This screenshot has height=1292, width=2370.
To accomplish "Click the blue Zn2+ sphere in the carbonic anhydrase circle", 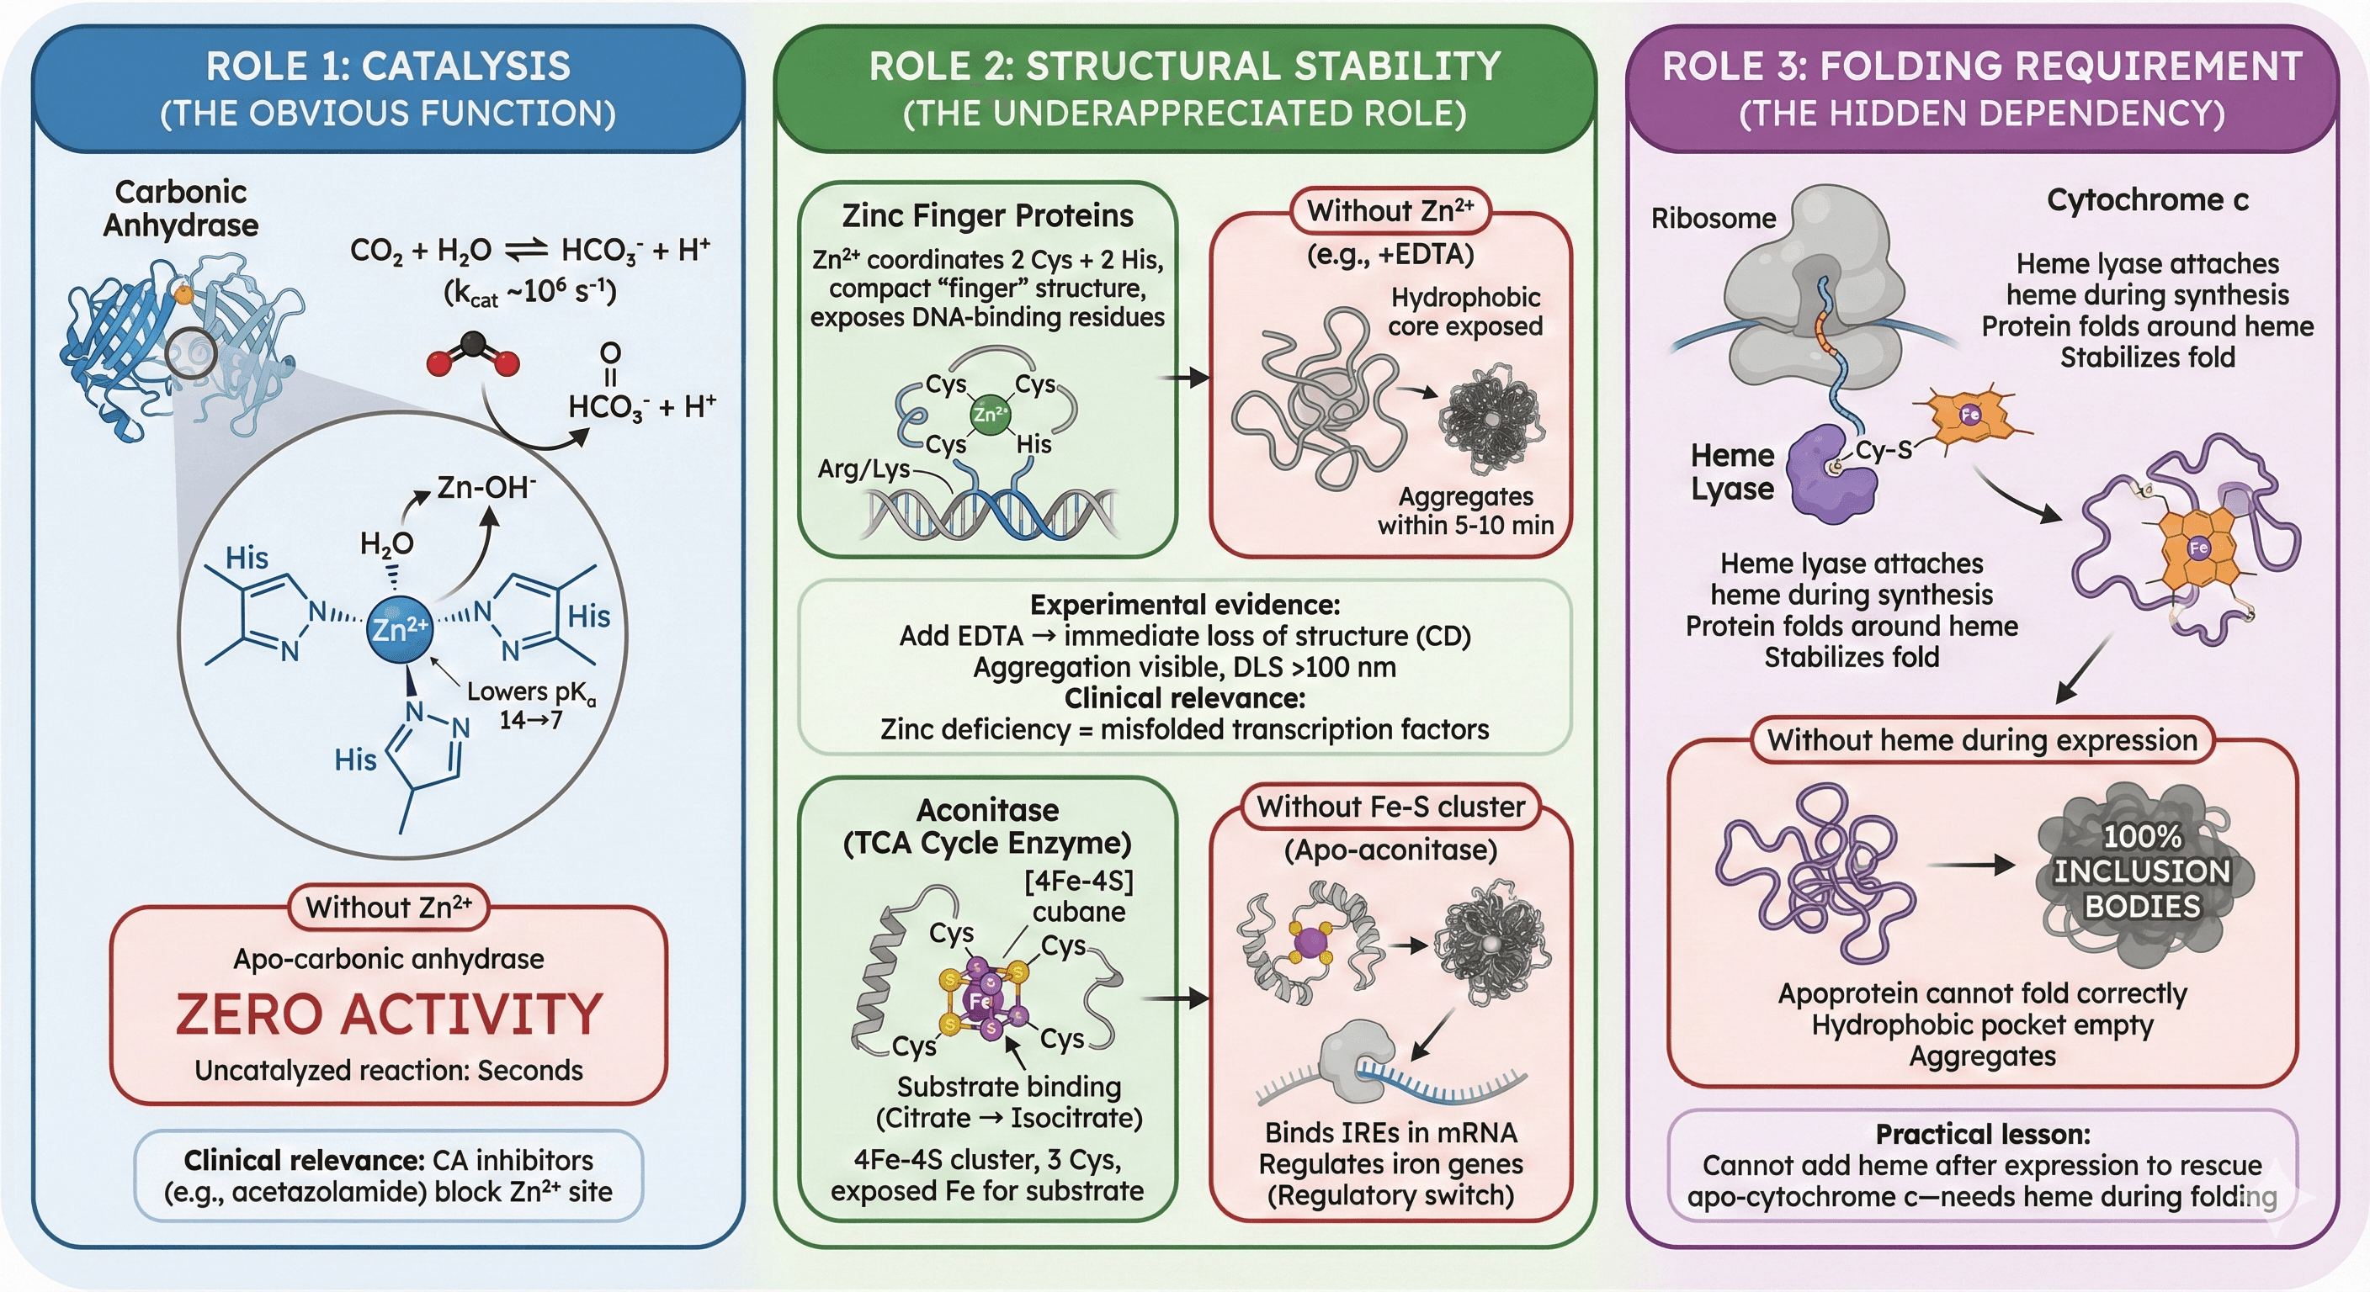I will pyautogui.click(x=397, y=629).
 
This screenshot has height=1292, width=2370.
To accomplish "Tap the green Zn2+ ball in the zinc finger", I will pyautogui.click(x=989, y=414).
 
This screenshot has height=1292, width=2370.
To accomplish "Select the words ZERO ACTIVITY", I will pyautogui.click(x=389, y=1014).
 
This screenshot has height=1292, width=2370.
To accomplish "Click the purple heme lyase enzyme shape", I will pyautogui.click(x=1831, y=475).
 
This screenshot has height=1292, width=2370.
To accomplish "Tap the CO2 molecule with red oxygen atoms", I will pyautogui.click(x=473, y=355).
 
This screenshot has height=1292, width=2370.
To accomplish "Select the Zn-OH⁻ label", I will pyautogui.click(x=486, y=487).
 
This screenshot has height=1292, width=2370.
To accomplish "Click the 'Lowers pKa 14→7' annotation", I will pyautogui.click(x=531, y=704).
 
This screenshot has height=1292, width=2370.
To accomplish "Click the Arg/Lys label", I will pyautogui.click(x=863, y=469).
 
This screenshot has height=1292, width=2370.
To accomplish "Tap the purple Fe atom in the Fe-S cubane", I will pyautogui.click(x=980, y=1000).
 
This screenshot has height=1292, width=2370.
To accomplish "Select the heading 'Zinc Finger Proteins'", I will pyautogui.click(x=987, y=216).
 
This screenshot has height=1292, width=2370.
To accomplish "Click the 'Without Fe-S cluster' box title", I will pyautogui.click(x=1390, y=807).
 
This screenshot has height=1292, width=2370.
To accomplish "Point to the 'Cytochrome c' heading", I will pyautogui.click(x=2146, y=199).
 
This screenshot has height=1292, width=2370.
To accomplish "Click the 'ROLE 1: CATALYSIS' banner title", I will pyautogui.click(x=387, y=66).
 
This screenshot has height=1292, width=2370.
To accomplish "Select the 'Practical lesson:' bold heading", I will pyautogui.click(x=1982, y=1134).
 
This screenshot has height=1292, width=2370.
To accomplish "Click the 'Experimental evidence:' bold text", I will pyautogui.click(x=1184, y=604).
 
